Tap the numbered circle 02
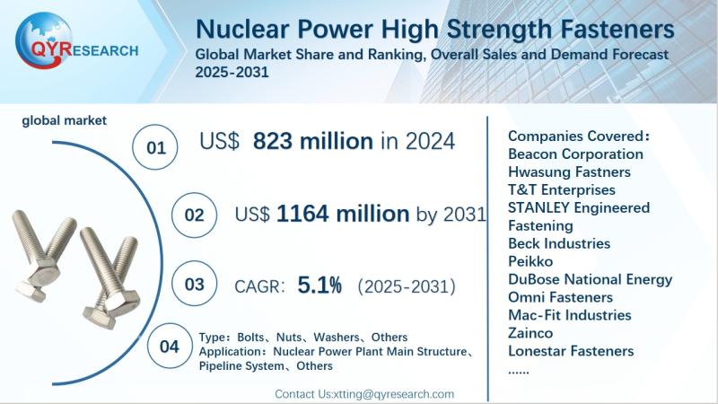pos(194,216)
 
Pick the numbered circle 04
pos(169,346)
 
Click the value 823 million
pos(312,141)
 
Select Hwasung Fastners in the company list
pos(569,171)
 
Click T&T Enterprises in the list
pos(562,189)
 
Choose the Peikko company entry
pos(530,261)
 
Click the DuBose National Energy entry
pos(590,279)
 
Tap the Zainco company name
pos(531,333)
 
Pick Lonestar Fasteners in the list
pos(571,351)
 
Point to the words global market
pos(65,120)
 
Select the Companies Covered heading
pos(577,136)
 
